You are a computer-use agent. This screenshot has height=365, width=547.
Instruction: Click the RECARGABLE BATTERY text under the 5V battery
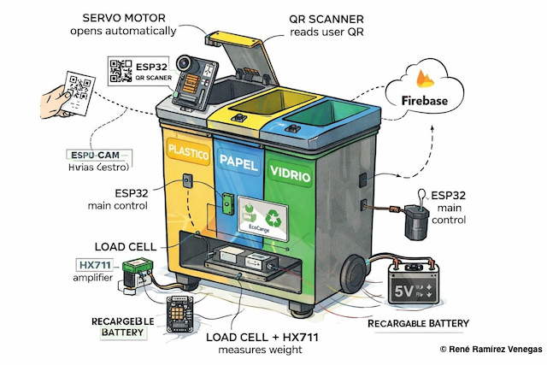coord(418,323)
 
